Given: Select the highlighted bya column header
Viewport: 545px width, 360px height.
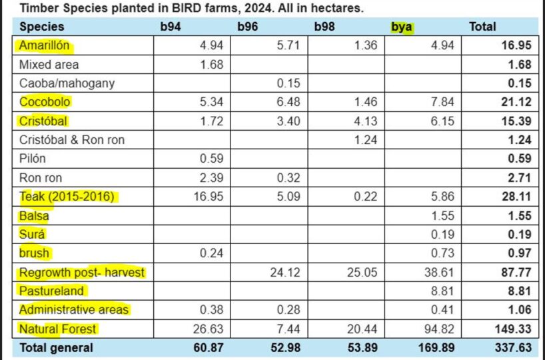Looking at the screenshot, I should coord(402,27).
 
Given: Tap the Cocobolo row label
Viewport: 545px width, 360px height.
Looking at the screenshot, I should coord(45,102).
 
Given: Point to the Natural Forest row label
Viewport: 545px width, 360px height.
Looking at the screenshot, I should coord(58,329).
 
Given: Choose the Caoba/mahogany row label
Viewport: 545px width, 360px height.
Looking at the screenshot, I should coord(67,83).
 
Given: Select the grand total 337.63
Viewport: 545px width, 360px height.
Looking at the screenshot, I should coord(514,348).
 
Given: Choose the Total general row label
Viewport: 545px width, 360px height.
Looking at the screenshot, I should coord(57,348).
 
